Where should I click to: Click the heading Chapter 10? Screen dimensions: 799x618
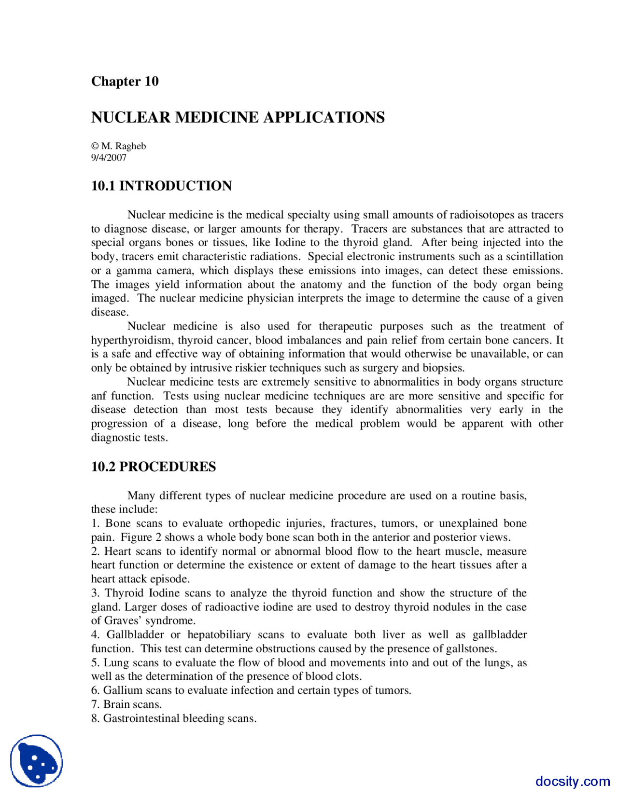(x=125, y=81)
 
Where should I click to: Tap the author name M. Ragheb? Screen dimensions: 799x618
(x=124, y=146)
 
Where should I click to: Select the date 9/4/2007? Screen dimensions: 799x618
(x=109, y=157)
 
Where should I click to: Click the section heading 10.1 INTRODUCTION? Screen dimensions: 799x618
(x=161, y=186)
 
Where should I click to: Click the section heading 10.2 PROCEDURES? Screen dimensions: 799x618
(x=154, y=467)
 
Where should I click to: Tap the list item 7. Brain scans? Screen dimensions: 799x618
(x=126, y=704)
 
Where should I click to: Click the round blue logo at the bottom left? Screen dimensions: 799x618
(x=37, y=761)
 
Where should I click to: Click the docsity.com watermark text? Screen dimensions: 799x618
(x=572, y=781)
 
